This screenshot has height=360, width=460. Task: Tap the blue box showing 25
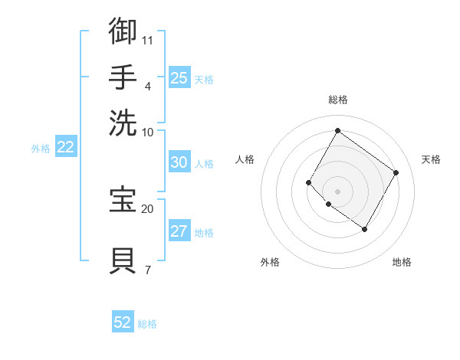(179, 77)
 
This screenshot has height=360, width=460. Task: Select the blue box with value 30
(179, 162)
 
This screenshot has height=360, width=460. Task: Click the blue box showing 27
(179, 232)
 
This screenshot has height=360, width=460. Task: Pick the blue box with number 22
(65, 147)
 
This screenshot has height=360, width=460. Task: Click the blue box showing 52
(123, 322)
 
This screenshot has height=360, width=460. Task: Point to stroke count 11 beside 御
(148, 39)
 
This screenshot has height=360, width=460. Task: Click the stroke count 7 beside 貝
(147, 270)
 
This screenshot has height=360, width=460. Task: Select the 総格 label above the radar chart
(337, 100)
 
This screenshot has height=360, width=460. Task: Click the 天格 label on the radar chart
(431, 159)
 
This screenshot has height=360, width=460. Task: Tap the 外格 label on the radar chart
(270, 262)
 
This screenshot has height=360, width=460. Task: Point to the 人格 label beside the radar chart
(245, 159)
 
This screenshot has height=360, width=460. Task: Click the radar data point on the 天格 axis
(396, 172)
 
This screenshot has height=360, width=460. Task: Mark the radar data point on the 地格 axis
(364, 229)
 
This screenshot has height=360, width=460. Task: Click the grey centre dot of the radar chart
(337, 191)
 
